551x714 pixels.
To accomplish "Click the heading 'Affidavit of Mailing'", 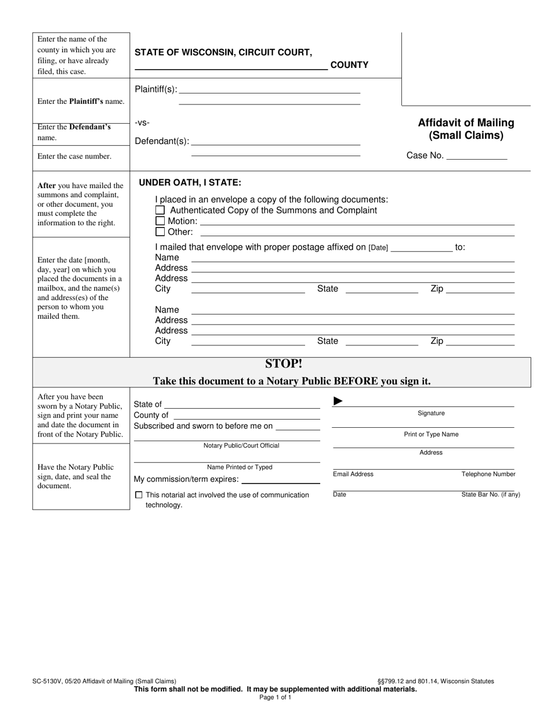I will (466, 123).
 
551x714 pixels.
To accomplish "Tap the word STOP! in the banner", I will (284, 364).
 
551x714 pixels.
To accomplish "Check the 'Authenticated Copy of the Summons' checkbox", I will (161, 211).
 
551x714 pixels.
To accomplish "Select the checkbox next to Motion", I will (161, 221).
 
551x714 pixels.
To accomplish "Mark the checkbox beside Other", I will (161, 232).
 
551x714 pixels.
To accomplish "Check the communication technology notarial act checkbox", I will (139, 495).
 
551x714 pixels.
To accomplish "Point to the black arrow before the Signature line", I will (338, 401).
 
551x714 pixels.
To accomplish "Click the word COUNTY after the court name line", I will (349, 65).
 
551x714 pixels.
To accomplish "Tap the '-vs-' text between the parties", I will (142, 122).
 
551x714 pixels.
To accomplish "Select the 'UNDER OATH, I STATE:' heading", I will (190, 183).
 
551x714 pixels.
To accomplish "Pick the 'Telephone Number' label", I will (488, 474).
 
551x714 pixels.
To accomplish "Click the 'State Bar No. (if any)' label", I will (491, 495).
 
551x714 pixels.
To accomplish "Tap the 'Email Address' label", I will (353, 474).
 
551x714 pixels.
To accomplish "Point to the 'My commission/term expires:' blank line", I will (280, 481).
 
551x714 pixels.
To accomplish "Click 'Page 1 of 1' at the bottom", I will (275, 698).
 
